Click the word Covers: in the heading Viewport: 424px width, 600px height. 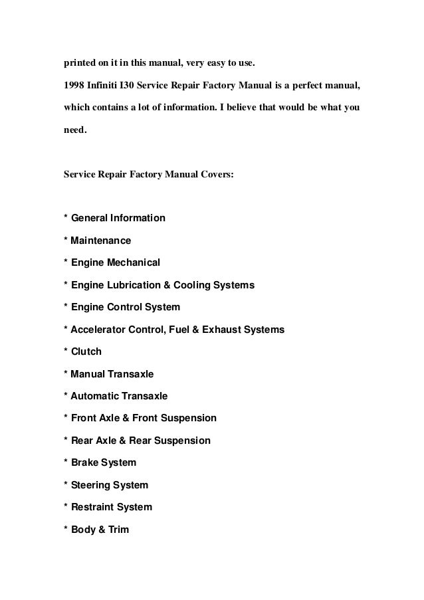coord(214,175)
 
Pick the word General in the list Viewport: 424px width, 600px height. coord(92,218)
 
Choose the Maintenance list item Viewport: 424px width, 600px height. coord(101,241)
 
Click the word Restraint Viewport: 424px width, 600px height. coord(93,508)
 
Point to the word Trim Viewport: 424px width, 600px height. coord(118,530)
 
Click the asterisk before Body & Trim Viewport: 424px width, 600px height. coord(65,530)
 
